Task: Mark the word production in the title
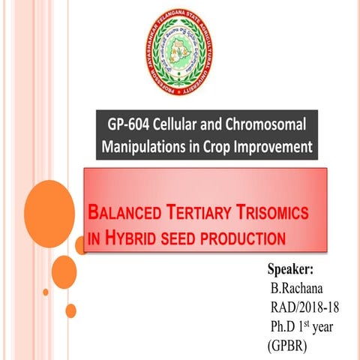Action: [x=250, y=239]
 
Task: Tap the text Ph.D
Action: [x=286, y=327]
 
